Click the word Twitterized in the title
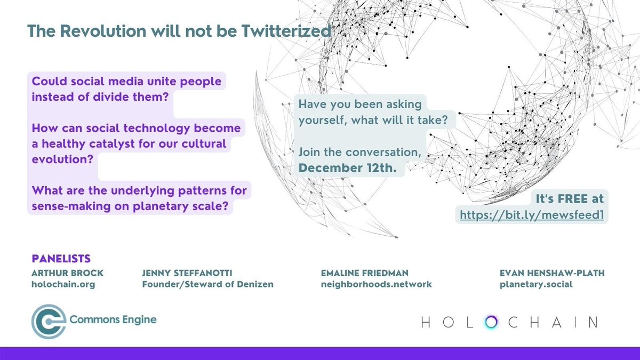click(x=288, y=31)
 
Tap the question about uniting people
click(x=126, y=91)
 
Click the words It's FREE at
click(x=570, y=199)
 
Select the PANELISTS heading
click(x=61, y=259)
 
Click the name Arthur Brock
click(x=68, y=273)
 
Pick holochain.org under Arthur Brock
click(x=63, y=284)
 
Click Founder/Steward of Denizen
click(x=207, y=284)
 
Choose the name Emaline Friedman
click(x=365, y=273)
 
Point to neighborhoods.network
click(x=376, y=284)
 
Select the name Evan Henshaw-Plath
click(x=550, y=273)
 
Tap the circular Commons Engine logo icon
click(x=49, y=321)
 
